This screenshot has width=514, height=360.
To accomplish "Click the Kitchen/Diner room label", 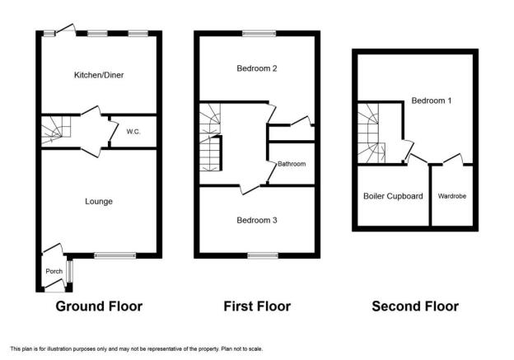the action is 99,75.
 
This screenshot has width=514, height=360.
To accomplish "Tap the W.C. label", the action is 133,132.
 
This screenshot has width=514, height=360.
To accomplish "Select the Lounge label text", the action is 99,201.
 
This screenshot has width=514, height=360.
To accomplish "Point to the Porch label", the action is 54,271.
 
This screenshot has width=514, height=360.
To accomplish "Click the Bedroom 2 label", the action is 257,68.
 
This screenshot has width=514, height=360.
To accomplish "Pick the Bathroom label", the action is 292,164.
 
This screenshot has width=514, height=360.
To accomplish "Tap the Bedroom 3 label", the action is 257,220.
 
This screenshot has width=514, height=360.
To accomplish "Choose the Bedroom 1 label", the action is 431,101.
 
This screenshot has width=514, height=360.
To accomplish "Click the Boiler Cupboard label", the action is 393,196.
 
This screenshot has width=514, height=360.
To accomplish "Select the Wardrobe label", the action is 452,196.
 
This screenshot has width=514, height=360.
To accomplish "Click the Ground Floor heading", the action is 99,306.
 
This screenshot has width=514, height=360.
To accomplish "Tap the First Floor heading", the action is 257,306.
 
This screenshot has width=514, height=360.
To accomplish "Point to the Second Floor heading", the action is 415,306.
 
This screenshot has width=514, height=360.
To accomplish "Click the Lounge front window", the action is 115,255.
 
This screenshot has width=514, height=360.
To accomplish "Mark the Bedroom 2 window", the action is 259,34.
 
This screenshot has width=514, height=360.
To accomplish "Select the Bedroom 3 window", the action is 263,255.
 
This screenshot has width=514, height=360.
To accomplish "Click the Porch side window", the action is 69,271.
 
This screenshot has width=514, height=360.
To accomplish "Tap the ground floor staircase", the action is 56,130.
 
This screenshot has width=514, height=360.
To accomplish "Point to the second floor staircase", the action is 371,133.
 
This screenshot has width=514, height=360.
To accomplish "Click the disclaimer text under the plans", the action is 137,348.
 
